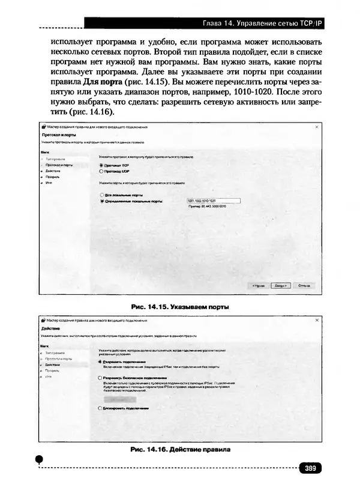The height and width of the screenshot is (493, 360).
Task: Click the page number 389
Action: click(x=311, y=468)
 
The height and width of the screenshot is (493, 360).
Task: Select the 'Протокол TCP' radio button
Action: click(x=101, y=165)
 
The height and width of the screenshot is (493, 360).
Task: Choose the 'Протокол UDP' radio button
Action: click(x=101, y=171)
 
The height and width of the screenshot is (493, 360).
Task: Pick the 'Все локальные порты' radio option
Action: click(x=101, y=195)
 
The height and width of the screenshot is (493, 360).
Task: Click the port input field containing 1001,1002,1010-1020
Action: click(x=213, y=201)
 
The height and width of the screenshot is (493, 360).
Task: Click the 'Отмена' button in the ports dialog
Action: click(x=304, y=286)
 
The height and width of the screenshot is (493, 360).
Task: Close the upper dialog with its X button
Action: click(x=316, y=127)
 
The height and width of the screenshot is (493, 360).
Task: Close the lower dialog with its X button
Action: click(x=316, y=320)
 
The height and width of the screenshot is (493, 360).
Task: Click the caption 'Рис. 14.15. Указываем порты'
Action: click(x=180, y=307)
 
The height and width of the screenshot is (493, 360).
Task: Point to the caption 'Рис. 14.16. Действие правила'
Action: click(x=180, y=449)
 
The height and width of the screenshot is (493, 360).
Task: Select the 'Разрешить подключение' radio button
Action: click(x=100, y=362)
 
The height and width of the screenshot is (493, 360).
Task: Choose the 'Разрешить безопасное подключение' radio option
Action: click(x=100, y=378)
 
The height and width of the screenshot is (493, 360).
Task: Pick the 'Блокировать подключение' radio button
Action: click(x=100, y=408)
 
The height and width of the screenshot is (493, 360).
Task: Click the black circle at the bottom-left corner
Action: click(x=40, y=459)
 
